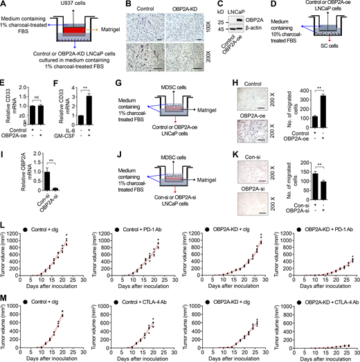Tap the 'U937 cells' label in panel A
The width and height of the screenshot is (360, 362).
[x=51, y=6]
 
